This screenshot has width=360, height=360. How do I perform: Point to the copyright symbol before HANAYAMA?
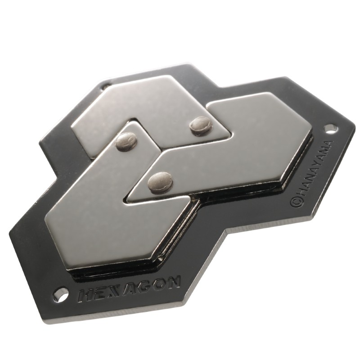pyautogui.click(x=296, y=202)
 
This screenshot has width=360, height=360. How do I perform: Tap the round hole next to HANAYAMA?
pyautogui.click(x=331, y=129)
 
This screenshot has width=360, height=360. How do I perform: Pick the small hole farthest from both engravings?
pyautogui.click(x=105, y=85)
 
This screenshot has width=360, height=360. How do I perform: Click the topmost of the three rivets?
pyautogui.click(x=201, y=126)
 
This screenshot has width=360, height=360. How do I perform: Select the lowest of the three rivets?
pyautogui.click(x=161, y=182)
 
